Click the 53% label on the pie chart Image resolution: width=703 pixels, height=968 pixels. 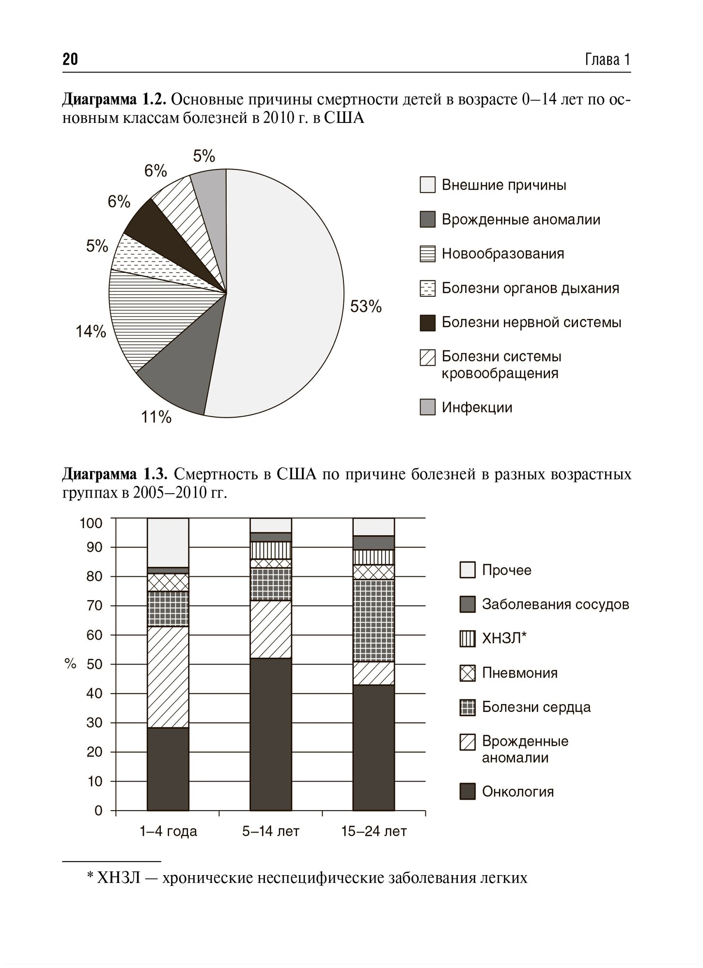coord(366,306)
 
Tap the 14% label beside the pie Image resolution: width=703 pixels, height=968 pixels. coord(91,332)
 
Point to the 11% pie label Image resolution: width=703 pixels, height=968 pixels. coord(156,417)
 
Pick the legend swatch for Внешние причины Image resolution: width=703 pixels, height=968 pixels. coord(427,185)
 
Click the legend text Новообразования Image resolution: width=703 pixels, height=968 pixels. coord(503,254)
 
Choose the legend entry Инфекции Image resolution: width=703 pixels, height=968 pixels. coord(477,407)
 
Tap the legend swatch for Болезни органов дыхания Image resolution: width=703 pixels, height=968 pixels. coord(427,288)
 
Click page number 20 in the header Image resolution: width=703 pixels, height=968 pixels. coord(70,59)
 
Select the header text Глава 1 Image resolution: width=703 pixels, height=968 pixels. coord(608,60)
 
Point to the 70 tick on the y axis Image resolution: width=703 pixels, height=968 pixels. coord(94,605)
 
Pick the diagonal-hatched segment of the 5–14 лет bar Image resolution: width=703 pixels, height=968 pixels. coord(271,629)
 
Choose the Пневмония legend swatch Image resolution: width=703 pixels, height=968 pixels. coord(467,673)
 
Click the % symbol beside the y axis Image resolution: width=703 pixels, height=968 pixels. coord(71,664)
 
